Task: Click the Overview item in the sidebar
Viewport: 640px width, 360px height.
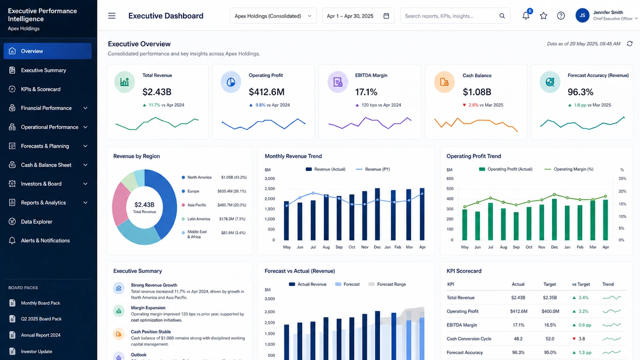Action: coord(47,51)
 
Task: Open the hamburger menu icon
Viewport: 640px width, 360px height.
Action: coord(112,16)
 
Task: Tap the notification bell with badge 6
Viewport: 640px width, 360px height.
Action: coord(526,15)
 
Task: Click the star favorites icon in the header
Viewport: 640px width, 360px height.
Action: coord(544,16)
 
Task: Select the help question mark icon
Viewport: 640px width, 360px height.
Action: coord(561,16)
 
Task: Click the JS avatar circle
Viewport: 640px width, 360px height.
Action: coord(582,15)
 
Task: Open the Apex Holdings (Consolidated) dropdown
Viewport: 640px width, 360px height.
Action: coord(273,16)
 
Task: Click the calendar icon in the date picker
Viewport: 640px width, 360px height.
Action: coord(386,16)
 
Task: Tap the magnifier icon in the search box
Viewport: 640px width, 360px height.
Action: coord(502,16)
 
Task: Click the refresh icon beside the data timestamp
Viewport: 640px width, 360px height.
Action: coord(630,44)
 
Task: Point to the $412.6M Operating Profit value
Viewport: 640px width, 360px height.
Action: coord(267,92)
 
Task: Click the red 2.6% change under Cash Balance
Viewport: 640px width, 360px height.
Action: coord(473,105)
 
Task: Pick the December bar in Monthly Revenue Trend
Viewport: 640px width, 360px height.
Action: coord(377,214)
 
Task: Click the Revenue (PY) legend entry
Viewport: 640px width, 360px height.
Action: coord(373,169)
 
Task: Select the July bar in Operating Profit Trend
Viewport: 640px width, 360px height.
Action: coord(491,222)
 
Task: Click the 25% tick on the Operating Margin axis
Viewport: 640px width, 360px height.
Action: coord(622,179)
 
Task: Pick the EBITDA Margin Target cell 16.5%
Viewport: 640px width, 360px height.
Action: coord(550,325)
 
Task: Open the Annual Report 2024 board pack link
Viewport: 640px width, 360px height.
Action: coord(41,335)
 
